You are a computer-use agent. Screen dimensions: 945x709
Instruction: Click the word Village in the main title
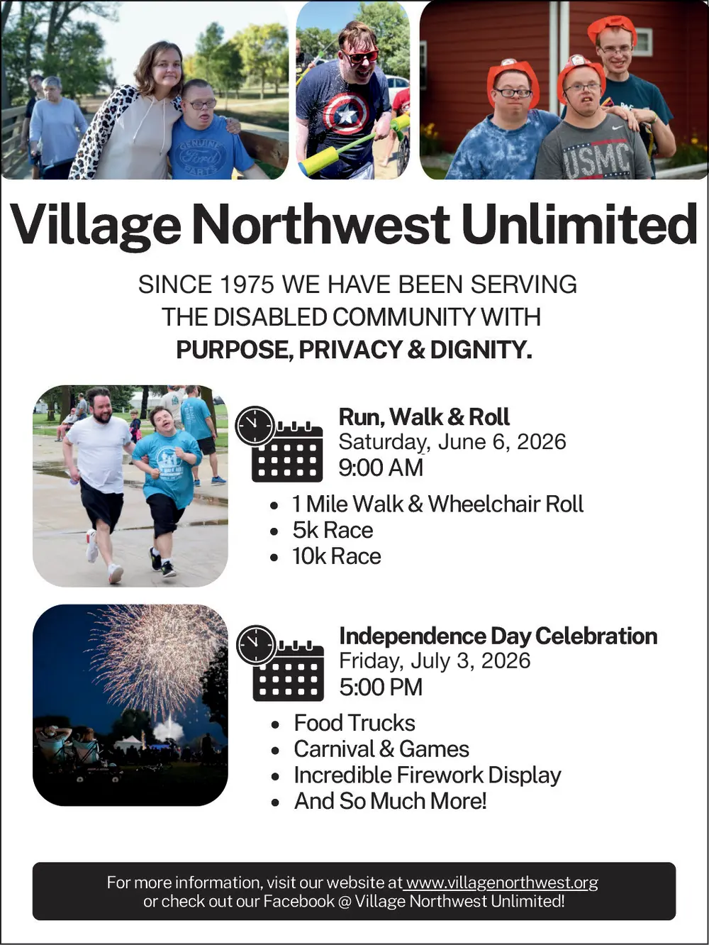pyautogui.click(x=96, y=226)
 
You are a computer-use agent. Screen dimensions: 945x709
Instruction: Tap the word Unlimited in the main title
pyautogui.click(x=579, y=224)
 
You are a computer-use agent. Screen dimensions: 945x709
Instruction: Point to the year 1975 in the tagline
pyautogui.click(x=246, y=284)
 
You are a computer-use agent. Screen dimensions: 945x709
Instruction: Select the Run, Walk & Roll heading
pyautogui.click(x=424, y=416)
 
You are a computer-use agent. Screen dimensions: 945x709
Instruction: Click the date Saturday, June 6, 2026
pyautogui.click(x=452, y=442)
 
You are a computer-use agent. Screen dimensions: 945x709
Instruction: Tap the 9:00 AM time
pyautogui.click(x=381, y=468)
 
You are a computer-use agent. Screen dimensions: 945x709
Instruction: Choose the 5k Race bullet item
pyautogui.click(x=333, y=530)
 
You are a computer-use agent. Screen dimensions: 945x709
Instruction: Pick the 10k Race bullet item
pyautogui.click(x=337, y=556)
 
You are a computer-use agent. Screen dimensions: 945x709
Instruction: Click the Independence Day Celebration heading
pyautogui.click(x=498, y=636)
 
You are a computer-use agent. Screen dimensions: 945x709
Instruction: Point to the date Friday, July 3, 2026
pyautogui.click(x=435, y=661)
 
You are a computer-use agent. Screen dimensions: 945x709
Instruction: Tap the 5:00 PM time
pyautogui.click(x=381, y=687)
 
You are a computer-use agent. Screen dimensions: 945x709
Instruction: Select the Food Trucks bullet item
pyautogui.click(x=354, y=723)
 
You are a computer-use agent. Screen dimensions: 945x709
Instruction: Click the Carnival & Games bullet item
pyautogui.click(x=381, y=749)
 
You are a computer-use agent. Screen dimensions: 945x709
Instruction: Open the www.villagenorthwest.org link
pyautogui.click(x=502, y=883)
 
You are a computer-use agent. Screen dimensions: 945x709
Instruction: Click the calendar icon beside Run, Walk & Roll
pyautogui.click(x=279, y=445)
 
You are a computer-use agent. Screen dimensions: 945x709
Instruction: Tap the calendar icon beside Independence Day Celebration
pyautogui.click(x=280, y=663)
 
